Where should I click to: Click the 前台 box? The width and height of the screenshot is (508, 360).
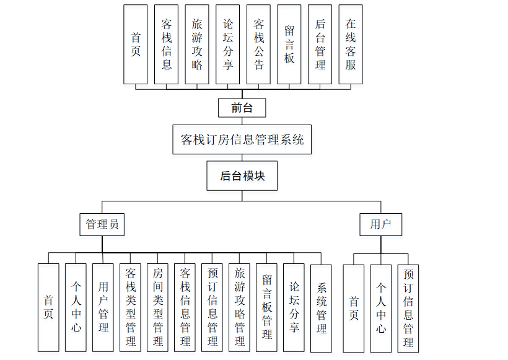click(242, 108)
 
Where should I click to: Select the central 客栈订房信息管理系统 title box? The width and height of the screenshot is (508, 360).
click(242, 139)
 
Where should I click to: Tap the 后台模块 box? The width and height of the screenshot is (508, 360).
click(242, 176)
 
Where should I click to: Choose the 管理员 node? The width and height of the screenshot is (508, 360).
click(102, 224)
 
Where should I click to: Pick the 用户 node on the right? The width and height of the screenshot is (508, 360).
click(381, 224)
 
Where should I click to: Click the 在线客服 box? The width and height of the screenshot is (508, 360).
click(351, 44)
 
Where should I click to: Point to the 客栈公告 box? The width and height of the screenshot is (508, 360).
click(258, 44)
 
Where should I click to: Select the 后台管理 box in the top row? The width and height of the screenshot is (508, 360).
click(320, 44)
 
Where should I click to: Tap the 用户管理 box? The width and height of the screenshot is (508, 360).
click(103, 307)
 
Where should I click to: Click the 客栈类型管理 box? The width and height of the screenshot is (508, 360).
click(130, 307)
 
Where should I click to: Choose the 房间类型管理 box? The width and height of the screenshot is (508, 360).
click(157, 307)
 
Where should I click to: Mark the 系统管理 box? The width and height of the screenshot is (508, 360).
click(322, 307)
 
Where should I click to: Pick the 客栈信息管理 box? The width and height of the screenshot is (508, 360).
click(185, 307)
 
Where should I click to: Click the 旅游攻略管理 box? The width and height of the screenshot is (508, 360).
click(239, 307)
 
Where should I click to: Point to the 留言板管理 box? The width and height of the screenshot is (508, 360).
click(266, 307)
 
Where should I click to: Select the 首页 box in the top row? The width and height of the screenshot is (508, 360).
click(136, 44)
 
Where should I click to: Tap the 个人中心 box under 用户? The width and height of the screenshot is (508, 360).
click(381, 308)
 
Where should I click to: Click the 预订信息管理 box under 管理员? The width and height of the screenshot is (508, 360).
click(212, 307)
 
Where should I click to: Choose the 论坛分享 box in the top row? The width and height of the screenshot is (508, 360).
click(227, 44)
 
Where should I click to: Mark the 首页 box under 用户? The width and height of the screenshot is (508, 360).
click(354, 308)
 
